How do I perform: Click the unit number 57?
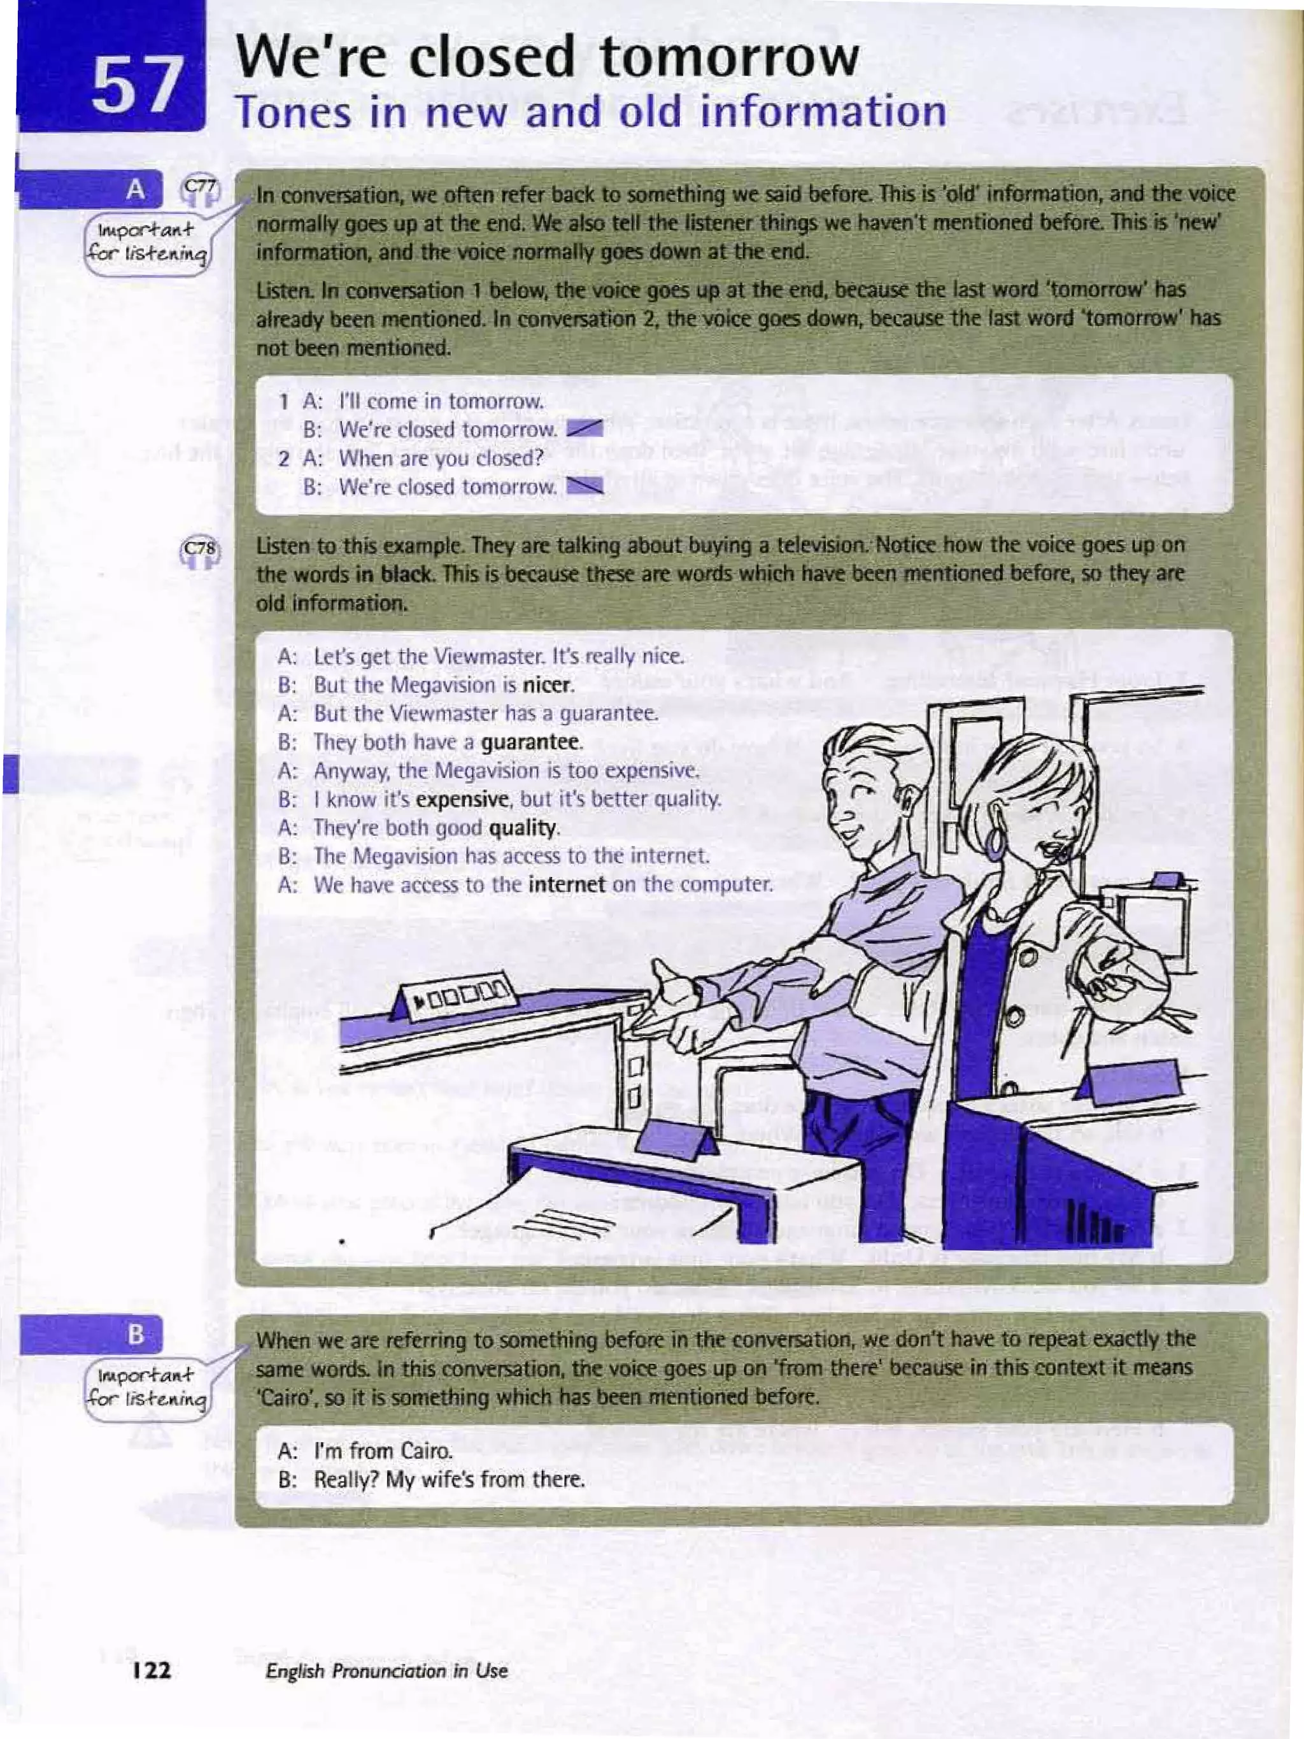[x=135, y=85]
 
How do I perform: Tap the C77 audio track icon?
[x=201, y=188]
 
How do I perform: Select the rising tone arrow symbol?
[x=585, y=429]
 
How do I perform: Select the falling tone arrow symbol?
[x=585, y=486]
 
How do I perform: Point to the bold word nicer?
[x=548, y=685]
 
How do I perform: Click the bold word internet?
[x=567, y=884]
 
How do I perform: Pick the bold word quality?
[x=523, y=828]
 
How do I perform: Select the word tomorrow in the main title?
[x=728, y=59]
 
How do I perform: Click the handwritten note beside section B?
[x=147, y=1387]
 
